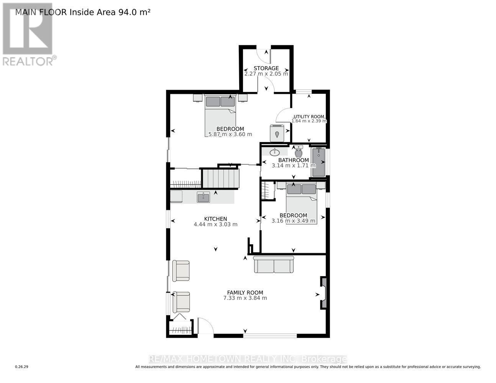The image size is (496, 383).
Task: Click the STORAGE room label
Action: (266, 68)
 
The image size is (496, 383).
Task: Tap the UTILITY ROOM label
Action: (309, 116)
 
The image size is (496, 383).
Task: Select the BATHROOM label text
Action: (293, 160)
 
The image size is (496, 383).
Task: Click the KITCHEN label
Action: (215, 219)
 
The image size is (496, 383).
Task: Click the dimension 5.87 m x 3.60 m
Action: (230, 134)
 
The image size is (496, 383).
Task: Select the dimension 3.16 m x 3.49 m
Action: (293, 221)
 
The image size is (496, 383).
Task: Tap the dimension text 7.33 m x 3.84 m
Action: (245, 298)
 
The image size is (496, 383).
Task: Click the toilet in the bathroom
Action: (299, 152)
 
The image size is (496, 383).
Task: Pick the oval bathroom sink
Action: (274, 153)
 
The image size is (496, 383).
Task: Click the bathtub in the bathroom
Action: (318, 162)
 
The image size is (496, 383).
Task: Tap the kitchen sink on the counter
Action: (203, 197)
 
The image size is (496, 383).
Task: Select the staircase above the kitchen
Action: (221, 178)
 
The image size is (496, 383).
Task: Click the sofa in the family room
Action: (274, 265)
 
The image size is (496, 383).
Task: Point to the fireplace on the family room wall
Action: (323, 293)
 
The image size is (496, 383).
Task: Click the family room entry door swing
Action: (205, 326)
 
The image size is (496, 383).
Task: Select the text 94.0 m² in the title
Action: (136, 12)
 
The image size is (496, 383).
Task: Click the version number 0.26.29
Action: (22, 367)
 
